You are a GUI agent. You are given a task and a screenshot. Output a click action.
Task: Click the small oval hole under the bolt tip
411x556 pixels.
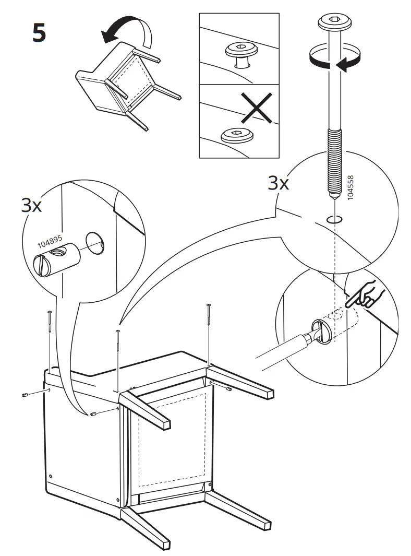pos(333,219)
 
